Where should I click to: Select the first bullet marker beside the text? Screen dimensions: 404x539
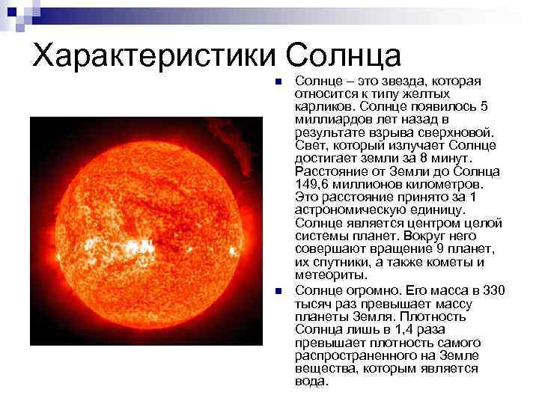[277, 82]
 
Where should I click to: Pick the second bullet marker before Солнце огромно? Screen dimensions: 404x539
[277, 291]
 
